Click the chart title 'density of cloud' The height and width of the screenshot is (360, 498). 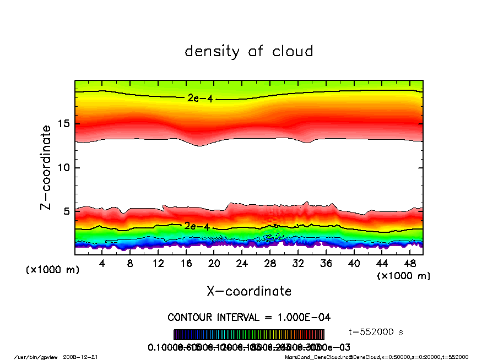tap(249, 52)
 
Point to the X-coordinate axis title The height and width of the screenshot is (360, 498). tap(249, 291)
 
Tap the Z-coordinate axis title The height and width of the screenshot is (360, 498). tap(46, 167)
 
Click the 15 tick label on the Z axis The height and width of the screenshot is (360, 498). tap(63, 124)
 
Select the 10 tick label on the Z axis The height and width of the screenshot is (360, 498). tap(63, 167)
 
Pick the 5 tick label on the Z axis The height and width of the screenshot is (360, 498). tap(67, 211)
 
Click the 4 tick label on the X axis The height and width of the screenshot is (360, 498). tap(102, 263)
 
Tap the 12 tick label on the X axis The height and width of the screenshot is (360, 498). tap(158, 263)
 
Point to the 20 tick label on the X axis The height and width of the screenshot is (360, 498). tap(214, 263)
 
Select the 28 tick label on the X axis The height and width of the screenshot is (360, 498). tap(270, 263)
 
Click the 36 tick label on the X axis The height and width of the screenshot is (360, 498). tap(326, 263)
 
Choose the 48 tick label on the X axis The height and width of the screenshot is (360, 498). tap(409, 263)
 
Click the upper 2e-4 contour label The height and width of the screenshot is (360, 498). tap(199, 99)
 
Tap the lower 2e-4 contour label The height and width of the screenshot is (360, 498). tap(197, 226)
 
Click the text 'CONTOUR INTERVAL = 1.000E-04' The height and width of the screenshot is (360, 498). tap(249, 318)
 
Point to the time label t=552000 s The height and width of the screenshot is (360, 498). tap(377, 332)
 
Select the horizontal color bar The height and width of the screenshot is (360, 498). tap(249, 335)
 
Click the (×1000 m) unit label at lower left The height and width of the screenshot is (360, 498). tap(53, 270)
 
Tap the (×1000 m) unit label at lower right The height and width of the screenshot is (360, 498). tap(403, 276)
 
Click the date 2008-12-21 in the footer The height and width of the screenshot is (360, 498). tap(85, 357)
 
